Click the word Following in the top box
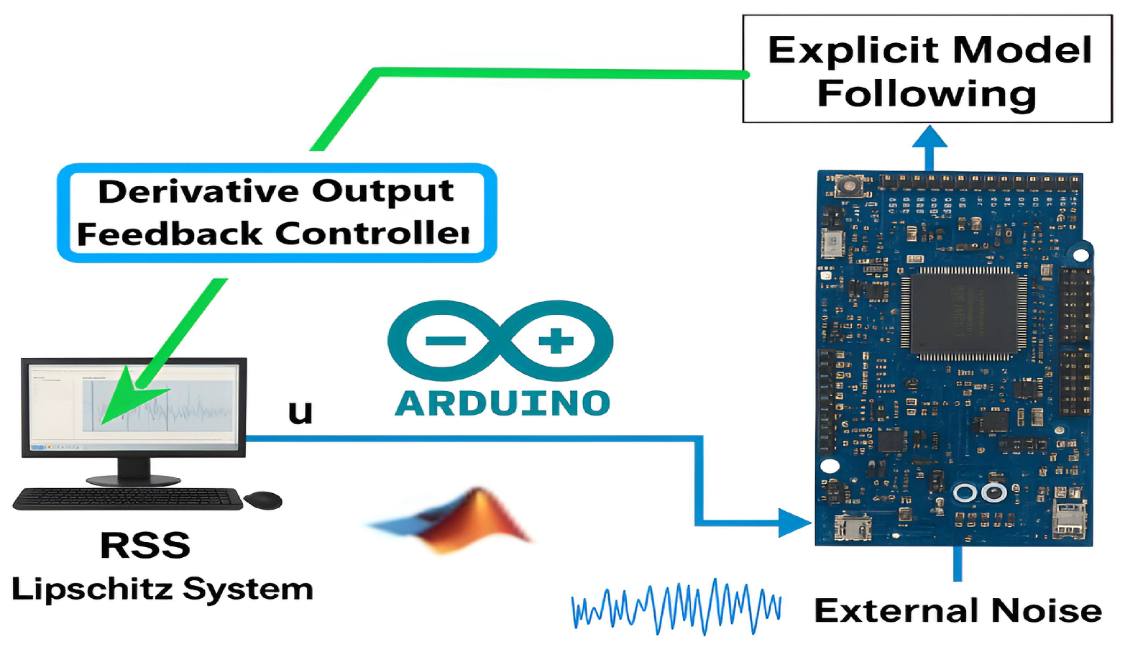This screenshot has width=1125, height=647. tap(927, 94)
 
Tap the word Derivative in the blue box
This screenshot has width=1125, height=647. tap(198, 192)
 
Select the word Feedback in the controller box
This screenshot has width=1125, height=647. tap(170, 234)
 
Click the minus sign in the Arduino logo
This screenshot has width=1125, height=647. tap(445, 341)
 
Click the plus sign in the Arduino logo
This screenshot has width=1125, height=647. tap(556, 341)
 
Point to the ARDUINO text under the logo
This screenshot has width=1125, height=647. tap(502, 403)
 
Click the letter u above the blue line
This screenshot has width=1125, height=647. tap(300, 413)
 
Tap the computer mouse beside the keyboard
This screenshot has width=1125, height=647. tap(263, 499)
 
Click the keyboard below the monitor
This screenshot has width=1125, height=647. tap(128, 498)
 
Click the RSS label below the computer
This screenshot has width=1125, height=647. tap(145, 546)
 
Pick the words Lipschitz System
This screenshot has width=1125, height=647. tap(162, 589)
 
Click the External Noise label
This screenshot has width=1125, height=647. tap(958, 611)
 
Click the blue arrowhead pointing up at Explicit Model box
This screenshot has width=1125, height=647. tap(929, 137)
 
